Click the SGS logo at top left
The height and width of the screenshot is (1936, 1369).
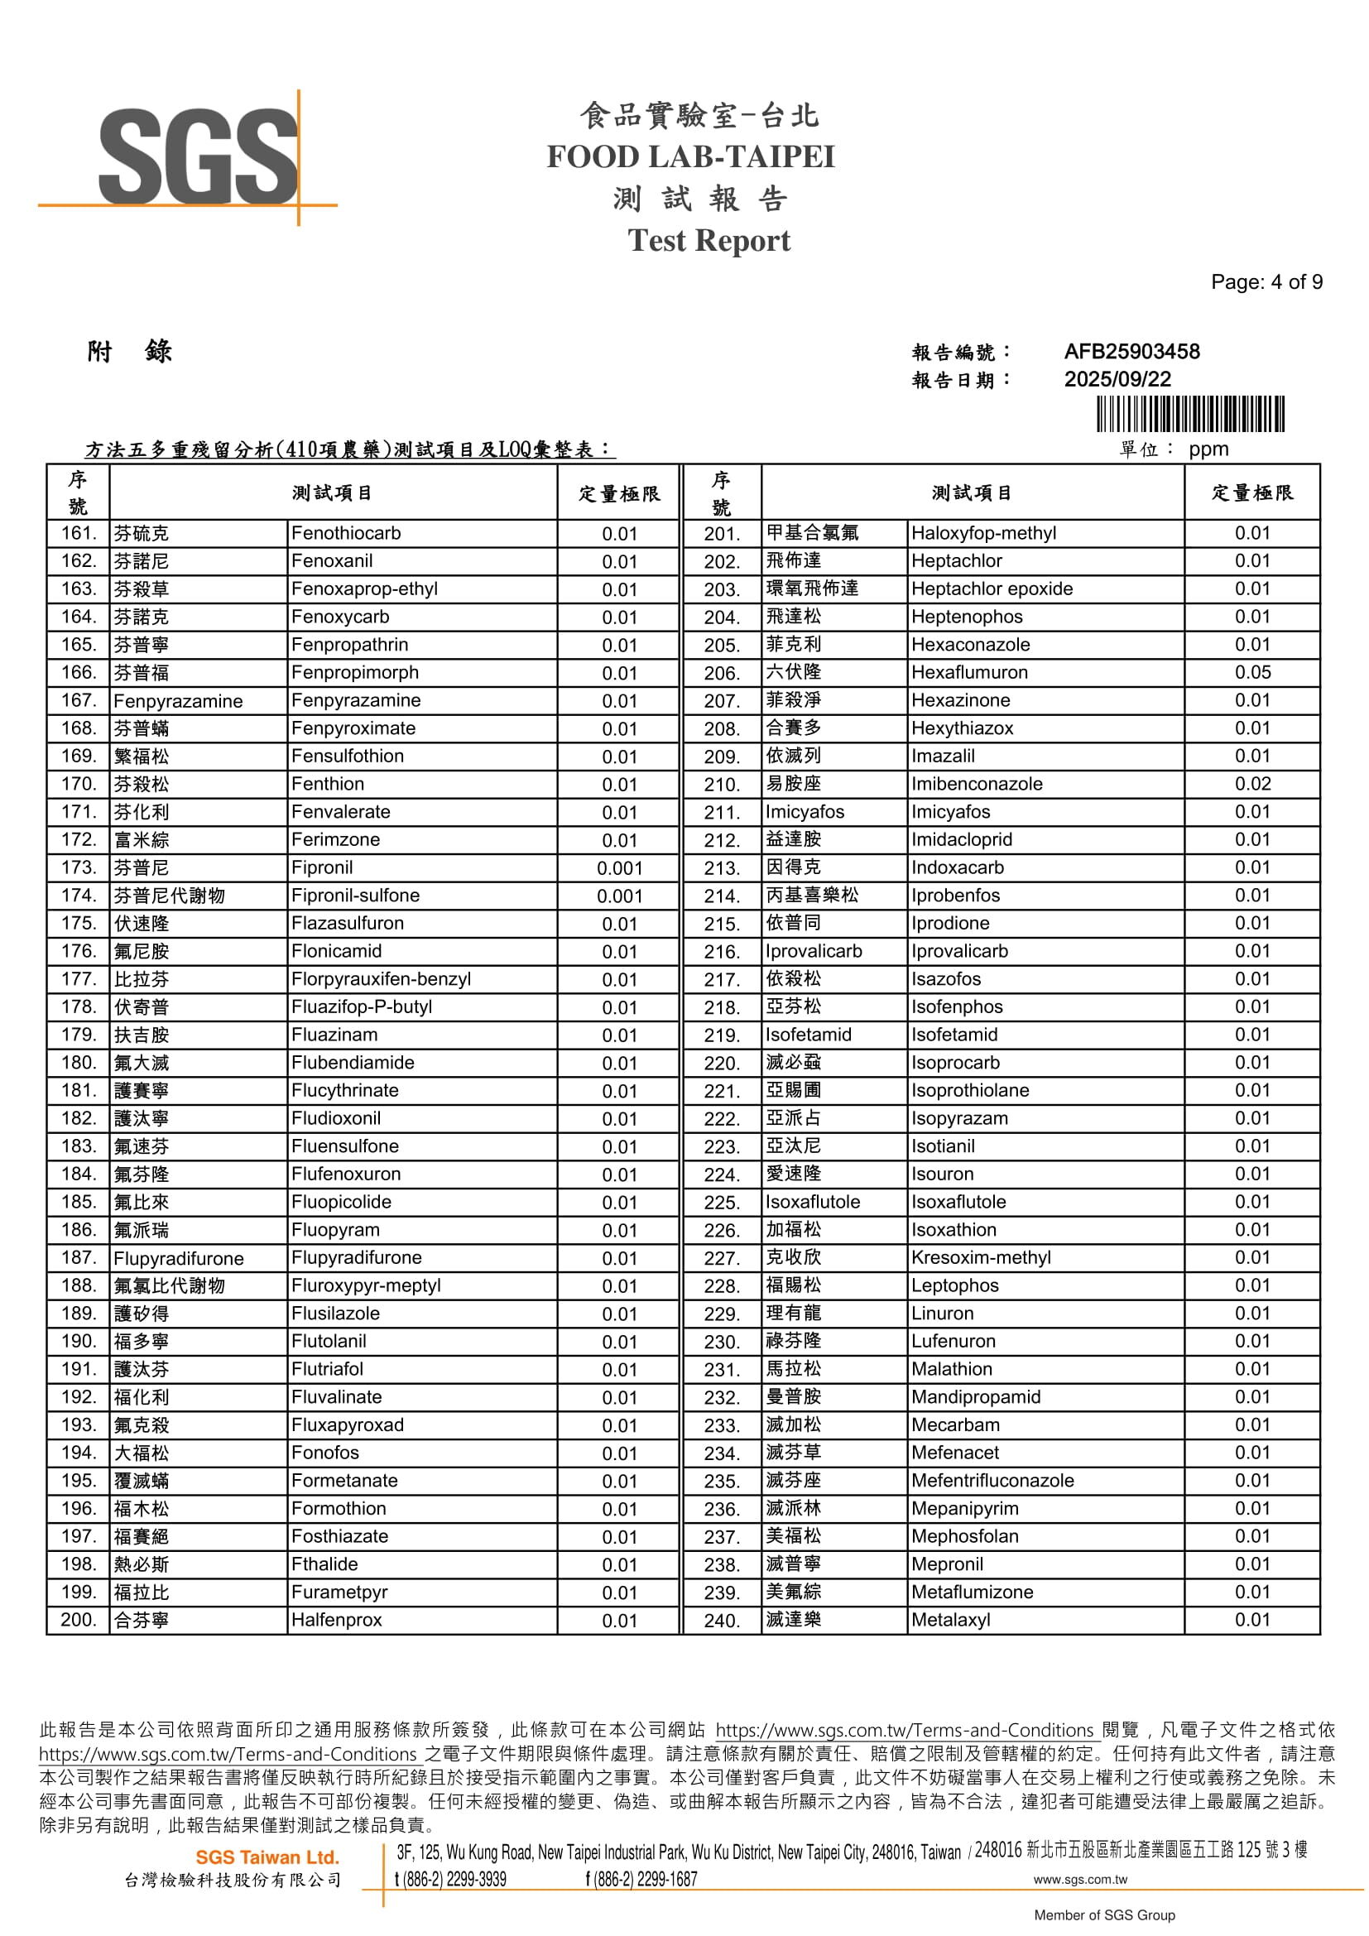click(198, 158)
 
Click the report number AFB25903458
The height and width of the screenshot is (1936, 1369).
click(1131, 352)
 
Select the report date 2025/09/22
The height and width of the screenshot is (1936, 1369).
click(1117, 379)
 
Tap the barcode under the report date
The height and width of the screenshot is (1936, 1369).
click(1190, 414)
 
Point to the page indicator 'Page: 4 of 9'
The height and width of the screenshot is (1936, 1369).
click(1266, 282)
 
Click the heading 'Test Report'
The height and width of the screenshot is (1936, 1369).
click(709, 241)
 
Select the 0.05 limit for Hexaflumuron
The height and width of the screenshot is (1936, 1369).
click(1251, 673)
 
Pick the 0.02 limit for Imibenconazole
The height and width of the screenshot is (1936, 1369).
click(1251, 784)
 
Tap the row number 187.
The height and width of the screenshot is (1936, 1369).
click(79, 1258)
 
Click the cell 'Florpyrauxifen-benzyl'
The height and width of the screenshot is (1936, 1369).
click(381, 979)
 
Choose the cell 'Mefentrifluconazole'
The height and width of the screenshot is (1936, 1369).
click(992, 1481)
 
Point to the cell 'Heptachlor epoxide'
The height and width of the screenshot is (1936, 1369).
click(992, 589)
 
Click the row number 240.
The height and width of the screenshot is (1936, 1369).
click(722, 1621)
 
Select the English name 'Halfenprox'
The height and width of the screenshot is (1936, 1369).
click(336, 1620)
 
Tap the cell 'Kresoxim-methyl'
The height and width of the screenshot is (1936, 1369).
click(980, 1258)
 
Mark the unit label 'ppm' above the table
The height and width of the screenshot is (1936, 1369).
click(1208, 449)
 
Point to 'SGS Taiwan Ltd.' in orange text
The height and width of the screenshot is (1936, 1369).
click(267, 1857)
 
